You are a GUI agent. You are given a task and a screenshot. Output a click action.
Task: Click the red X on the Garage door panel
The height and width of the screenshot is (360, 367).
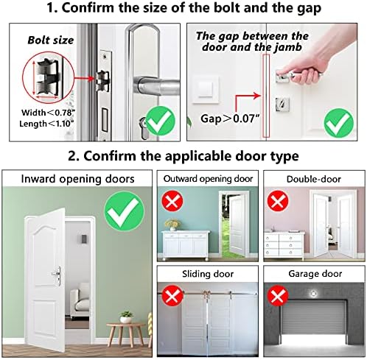tap(278, 295)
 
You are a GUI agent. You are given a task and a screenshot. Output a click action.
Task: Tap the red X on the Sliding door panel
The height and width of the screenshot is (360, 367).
tap(172, 295)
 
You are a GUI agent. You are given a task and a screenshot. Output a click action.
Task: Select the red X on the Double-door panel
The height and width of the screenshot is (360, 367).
tap(278, 201)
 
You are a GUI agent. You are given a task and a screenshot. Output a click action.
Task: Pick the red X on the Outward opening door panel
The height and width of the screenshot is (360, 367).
tap(172, 201)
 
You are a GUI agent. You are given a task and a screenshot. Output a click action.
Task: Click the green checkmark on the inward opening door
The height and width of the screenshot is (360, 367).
tap(124, 211)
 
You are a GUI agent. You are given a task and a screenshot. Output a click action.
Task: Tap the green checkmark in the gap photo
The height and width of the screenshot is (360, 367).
tap(339, 123)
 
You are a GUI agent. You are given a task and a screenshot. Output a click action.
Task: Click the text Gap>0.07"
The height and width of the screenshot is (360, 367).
tap(230, 119)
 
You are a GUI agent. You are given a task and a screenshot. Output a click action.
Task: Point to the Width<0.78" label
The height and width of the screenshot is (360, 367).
tap(48, 113)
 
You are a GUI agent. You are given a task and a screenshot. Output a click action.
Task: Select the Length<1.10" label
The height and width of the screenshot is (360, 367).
tap(46, 124)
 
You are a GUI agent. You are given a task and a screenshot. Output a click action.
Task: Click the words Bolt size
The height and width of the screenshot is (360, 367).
tap(51, 40)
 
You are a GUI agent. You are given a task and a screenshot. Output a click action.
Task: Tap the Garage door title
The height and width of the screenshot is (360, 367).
tap(315, 274)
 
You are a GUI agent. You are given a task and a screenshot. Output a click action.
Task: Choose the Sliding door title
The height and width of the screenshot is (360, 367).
tap(208, 274)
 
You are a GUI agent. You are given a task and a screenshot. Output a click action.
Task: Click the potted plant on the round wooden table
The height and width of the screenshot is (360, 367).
tap(126, 317)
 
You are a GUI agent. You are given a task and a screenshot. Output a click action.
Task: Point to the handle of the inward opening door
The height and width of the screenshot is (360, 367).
tap(57, 275)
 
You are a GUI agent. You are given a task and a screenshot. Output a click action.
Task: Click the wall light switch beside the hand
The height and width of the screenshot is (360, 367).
tap(206, 89)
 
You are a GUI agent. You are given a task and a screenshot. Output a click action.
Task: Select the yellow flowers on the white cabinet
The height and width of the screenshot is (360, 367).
tap(172, 224)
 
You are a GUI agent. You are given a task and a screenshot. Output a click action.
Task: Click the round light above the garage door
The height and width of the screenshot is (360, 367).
tap(313, 293)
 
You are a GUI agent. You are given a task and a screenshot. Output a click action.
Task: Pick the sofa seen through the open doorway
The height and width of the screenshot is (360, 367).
tap(80, 300)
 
